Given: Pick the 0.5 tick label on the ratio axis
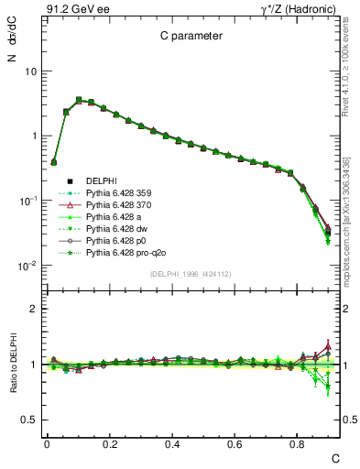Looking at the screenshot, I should pos(30,420).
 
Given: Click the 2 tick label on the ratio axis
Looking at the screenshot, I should pos(35,309).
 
